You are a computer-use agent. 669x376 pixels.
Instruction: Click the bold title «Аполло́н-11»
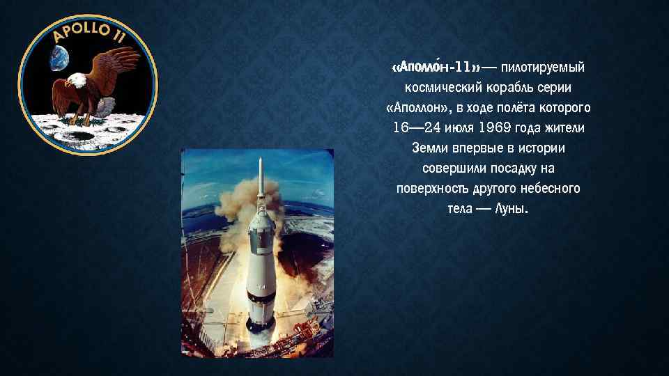click(436, 68)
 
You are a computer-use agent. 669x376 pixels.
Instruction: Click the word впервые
click(480, 149)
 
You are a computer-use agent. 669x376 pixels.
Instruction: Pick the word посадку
click(510, 169)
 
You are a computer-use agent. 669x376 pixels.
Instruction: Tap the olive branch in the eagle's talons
click(105, 107)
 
